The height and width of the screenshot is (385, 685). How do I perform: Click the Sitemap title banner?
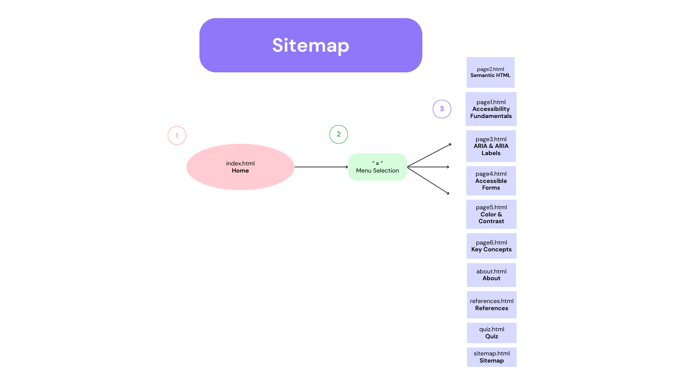click(x=310, y=45)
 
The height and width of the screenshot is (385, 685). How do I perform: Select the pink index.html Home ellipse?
click(x=240, y=167)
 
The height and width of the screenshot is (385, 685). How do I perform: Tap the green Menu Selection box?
click(x=377, y=167)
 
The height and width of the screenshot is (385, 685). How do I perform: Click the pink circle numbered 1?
click(x=177, y=135)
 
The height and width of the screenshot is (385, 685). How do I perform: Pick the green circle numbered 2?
click(x=339, y=134)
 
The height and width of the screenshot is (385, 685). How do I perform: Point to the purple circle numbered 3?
click(x=442, y=109)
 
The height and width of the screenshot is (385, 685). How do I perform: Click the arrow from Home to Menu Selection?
click(x=321, y=167)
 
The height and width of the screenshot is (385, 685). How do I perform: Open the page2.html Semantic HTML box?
click(x=490, y=72)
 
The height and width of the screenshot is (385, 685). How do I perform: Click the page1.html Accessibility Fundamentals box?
click(x=491, y=109)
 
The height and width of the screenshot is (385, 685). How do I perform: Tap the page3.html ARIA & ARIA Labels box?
click(x=491, y=146)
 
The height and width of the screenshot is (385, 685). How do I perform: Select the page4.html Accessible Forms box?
click(x=491, y=181)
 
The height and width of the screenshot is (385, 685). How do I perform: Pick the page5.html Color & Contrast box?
click(x=491, y=214)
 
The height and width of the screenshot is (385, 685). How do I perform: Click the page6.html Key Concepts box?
click(x=491, y=246)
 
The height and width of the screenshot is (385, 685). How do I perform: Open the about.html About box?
click(x=491, y=275)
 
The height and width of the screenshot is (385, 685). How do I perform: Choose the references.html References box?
click(x=492, y=305)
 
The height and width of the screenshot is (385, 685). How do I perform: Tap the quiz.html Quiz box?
click(x=492, y=333)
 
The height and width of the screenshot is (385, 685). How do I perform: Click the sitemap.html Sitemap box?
click(x=492, y=357)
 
